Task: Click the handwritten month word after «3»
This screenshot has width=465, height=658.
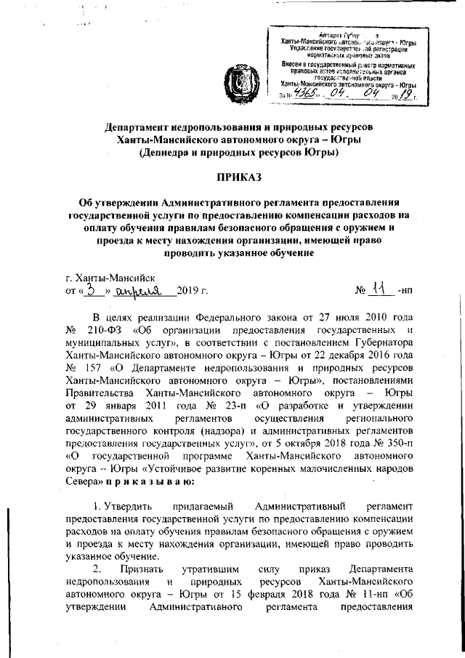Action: (x=150, y=289)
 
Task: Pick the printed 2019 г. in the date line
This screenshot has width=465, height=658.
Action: (x=193, y=291)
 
